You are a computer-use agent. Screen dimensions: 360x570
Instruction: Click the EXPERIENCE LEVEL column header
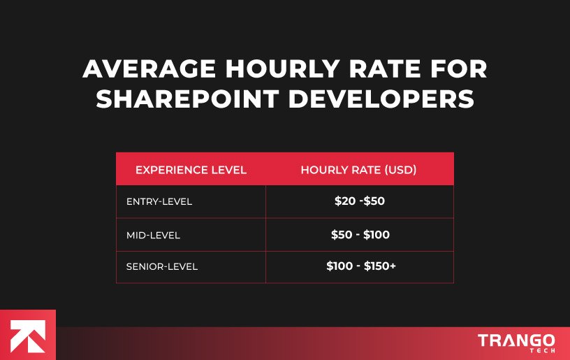191,170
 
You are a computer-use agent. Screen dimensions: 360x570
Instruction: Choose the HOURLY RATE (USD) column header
358,170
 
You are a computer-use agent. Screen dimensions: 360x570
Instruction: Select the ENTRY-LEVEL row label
159,202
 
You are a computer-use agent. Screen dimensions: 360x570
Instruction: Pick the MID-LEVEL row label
153,236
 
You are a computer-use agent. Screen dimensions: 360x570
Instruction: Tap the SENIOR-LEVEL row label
162,266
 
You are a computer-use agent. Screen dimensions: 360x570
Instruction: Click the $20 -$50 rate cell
360,201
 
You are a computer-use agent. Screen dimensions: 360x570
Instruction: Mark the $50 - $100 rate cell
360,235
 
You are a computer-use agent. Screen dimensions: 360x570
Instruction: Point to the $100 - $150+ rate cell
360,266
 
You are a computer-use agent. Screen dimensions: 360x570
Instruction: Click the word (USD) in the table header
401,170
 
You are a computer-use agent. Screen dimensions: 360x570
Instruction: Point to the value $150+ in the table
380,266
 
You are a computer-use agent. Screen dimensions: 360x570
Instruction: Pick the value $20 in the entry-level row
344,201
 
